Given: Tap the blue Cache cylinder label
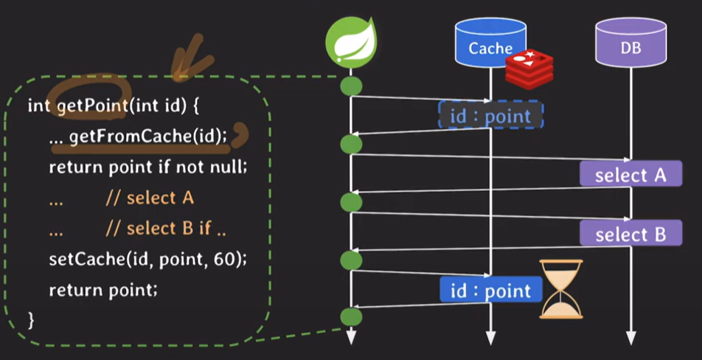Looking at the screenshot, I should click(x=490, y=47).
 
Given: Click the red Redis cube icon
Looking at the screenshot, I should click(x=529, y=67).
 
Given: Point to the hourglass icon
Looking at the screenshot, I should click(x=561, y=288).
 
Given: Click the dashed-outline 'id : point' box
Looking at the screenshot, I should click(x=490, y=116).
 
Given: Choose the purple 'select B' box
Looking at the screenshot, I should click(x=630, y=234).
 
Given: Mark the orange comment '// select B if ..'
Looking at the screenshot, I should click(x=166, y=229).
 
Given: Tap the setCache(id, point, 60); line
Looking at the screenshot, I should click(x=147, y=259).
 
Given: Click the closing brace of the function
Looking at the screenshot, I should click(x=31, y=319).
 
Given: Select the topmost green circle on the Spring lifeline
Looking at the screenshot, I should click(x=351, y=86).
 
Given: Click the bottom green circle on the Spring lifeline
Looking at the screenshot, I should click(x=351, y=318).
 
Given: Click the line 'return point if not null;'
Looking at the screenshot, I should click(x=147, y=167).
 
